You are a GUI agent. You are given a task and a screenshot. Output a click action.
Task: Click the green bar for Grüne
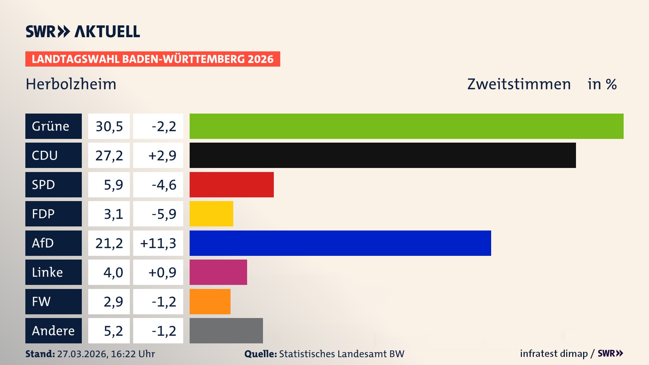click(406, 126)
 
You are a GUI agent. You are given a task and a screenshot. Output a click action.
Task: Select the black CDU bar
click(383, 155)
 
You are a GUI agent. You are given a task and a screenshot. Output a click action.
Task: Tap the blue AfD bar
click(340, 243)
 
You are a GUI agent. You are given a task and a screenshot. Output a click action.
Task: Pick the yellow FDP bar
click(211, 214)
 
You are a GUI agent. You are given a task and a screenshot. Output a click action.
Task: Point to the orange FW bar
click(210, 301)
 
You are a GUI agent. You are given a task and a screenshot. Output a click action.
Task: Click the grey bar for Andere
click(226, 331)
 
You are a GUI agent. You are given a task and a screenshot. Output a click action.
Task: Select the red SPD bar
click(232, 185)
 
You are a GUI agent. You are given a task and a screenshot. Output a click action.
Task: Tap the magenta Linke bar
click(218, 272)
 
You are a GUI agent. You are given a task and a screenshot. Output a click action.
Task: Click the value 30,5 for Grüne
click(109, 126)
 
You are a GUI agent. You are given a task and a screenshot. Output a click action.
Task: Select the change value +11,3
click(158, 243)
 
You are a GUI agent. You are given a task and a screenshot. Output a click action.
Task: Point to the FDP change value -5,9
click(164, 214)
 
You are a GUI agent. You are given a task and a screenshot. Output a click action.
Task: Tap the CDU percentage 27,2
click(109, 155)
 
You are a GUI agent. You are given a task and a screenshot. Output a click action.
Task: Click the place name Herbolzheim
click(71, 84)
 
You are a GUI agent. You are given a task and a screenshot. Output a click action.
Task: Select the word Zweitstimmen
click(519, 84)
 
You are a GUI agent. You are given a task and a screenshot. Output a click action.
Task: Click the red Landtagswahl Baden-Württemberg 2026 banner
click(152, 59)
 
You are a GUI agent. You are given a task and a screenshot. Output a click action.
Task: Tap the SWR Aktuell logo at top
click(82, 31)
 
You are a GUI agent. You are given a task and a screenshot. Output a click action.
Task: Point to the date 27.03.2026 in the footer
click(82, 354)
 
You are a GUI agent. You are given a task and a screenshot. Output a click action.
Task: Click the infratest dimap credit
click(553, 354)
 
